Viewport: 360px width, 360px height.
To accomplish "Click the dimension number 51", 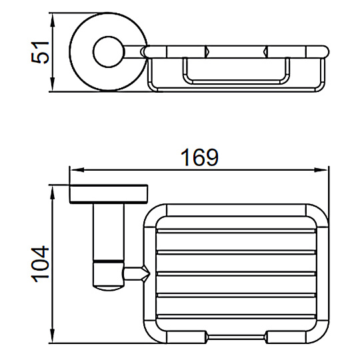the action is [40, 53].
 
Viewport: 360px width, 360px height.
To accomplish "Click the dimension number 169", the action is [199, 157].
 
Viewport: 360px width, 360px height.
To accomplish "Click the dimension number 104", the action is [40, 264].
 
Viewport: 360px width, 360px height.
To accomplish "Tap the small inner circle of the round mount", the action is [109, 52].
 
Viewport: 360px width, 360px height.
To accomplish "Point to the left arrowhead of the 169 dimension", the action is [77, 170].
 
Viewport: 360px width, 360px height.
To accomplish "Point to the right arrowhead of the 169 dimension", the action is [321, 170].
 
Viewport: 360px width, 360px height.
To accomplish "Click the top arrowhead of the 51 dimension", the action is [53, 20].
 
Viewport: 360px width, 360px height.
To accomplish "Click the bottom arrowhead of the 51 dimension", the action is [53, 85].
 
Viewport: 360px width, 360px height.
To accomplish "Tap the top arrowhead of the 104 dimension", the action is [53, 192].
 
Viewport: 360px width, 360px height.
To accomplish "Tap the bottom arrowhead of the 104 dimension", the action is [53, 336].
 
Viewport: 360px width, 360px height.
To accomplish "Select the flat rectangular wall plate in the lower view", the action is [109, 194].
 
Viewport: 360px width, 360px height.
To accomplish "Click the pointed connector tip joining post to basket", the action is [146, 274].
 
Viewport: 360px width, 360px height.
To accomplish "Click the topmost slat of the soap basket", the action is [236, 231].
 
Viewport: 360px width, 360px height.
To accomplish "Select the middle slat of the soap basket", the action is [236, 273].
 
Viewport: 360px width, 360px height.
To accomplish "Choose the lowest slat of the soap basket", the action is [236, 317].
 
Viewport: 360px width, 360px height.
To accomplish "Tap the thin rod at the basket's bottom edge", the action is [236, 337].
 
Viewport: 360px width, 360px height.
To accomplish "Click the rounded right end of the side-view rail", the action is [325, 51].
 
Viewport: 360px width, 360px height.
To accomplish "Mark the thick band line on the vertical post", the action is [109, 261].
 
